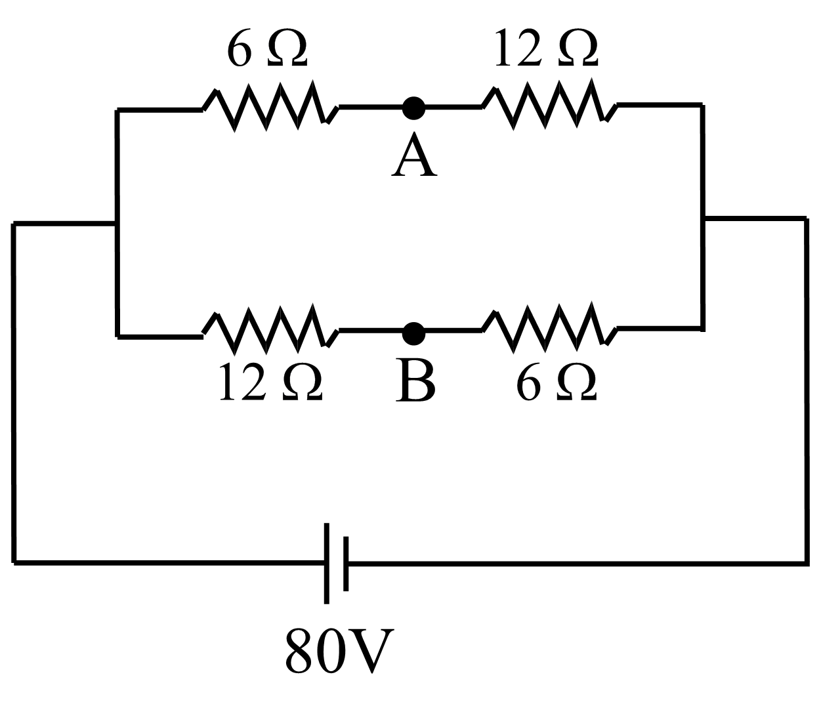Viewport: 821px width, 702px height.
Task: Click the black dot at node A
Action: click(413, 108)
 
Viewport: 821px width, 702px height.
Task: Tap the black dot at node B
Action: click(413, 333)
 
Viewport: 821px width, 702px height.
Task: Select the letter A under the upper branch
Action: click(413, 155)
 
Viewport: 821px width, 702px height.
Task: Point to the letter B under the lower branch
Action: click(415, 381)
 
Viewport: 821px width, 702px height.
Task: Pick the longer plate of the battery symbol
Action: click(327, 563)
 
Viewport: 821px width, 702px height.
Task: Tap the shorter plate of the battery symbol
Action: click(346, 563)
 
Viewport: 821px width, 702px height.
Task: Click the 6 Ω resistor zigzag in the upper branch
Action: click(270, 106)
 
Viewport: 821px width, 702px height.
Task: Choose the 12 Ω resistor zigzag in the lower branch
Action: click(270, 327)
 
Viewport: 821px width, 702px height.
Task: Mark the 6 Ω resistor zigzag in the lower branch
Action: click(550, 326)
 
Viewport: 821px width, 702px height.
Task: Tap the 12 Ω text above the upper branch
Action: click(546, 48)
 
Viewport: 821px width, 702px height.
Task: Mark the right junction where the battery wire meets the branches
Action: click(703, 218)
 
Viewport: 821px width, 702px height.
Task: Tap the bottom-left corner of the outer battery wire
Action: click(14, 562)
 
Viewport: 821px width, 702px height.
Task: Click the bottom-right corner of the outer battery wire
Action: click(806, 562)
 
